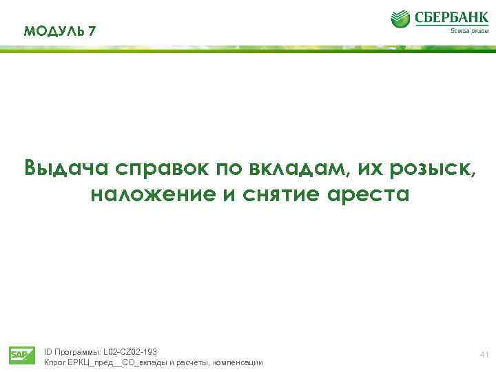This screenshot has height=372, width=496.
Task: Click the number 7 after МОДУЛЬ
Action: coord(92,31)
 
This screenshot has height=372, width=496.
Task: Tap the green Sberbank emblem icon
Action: coord(401,19)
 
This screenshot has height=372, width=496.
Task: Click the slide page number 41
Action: coord(483,355)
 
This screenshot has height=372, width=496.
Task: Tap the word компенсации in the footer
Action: coord(238,362)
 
